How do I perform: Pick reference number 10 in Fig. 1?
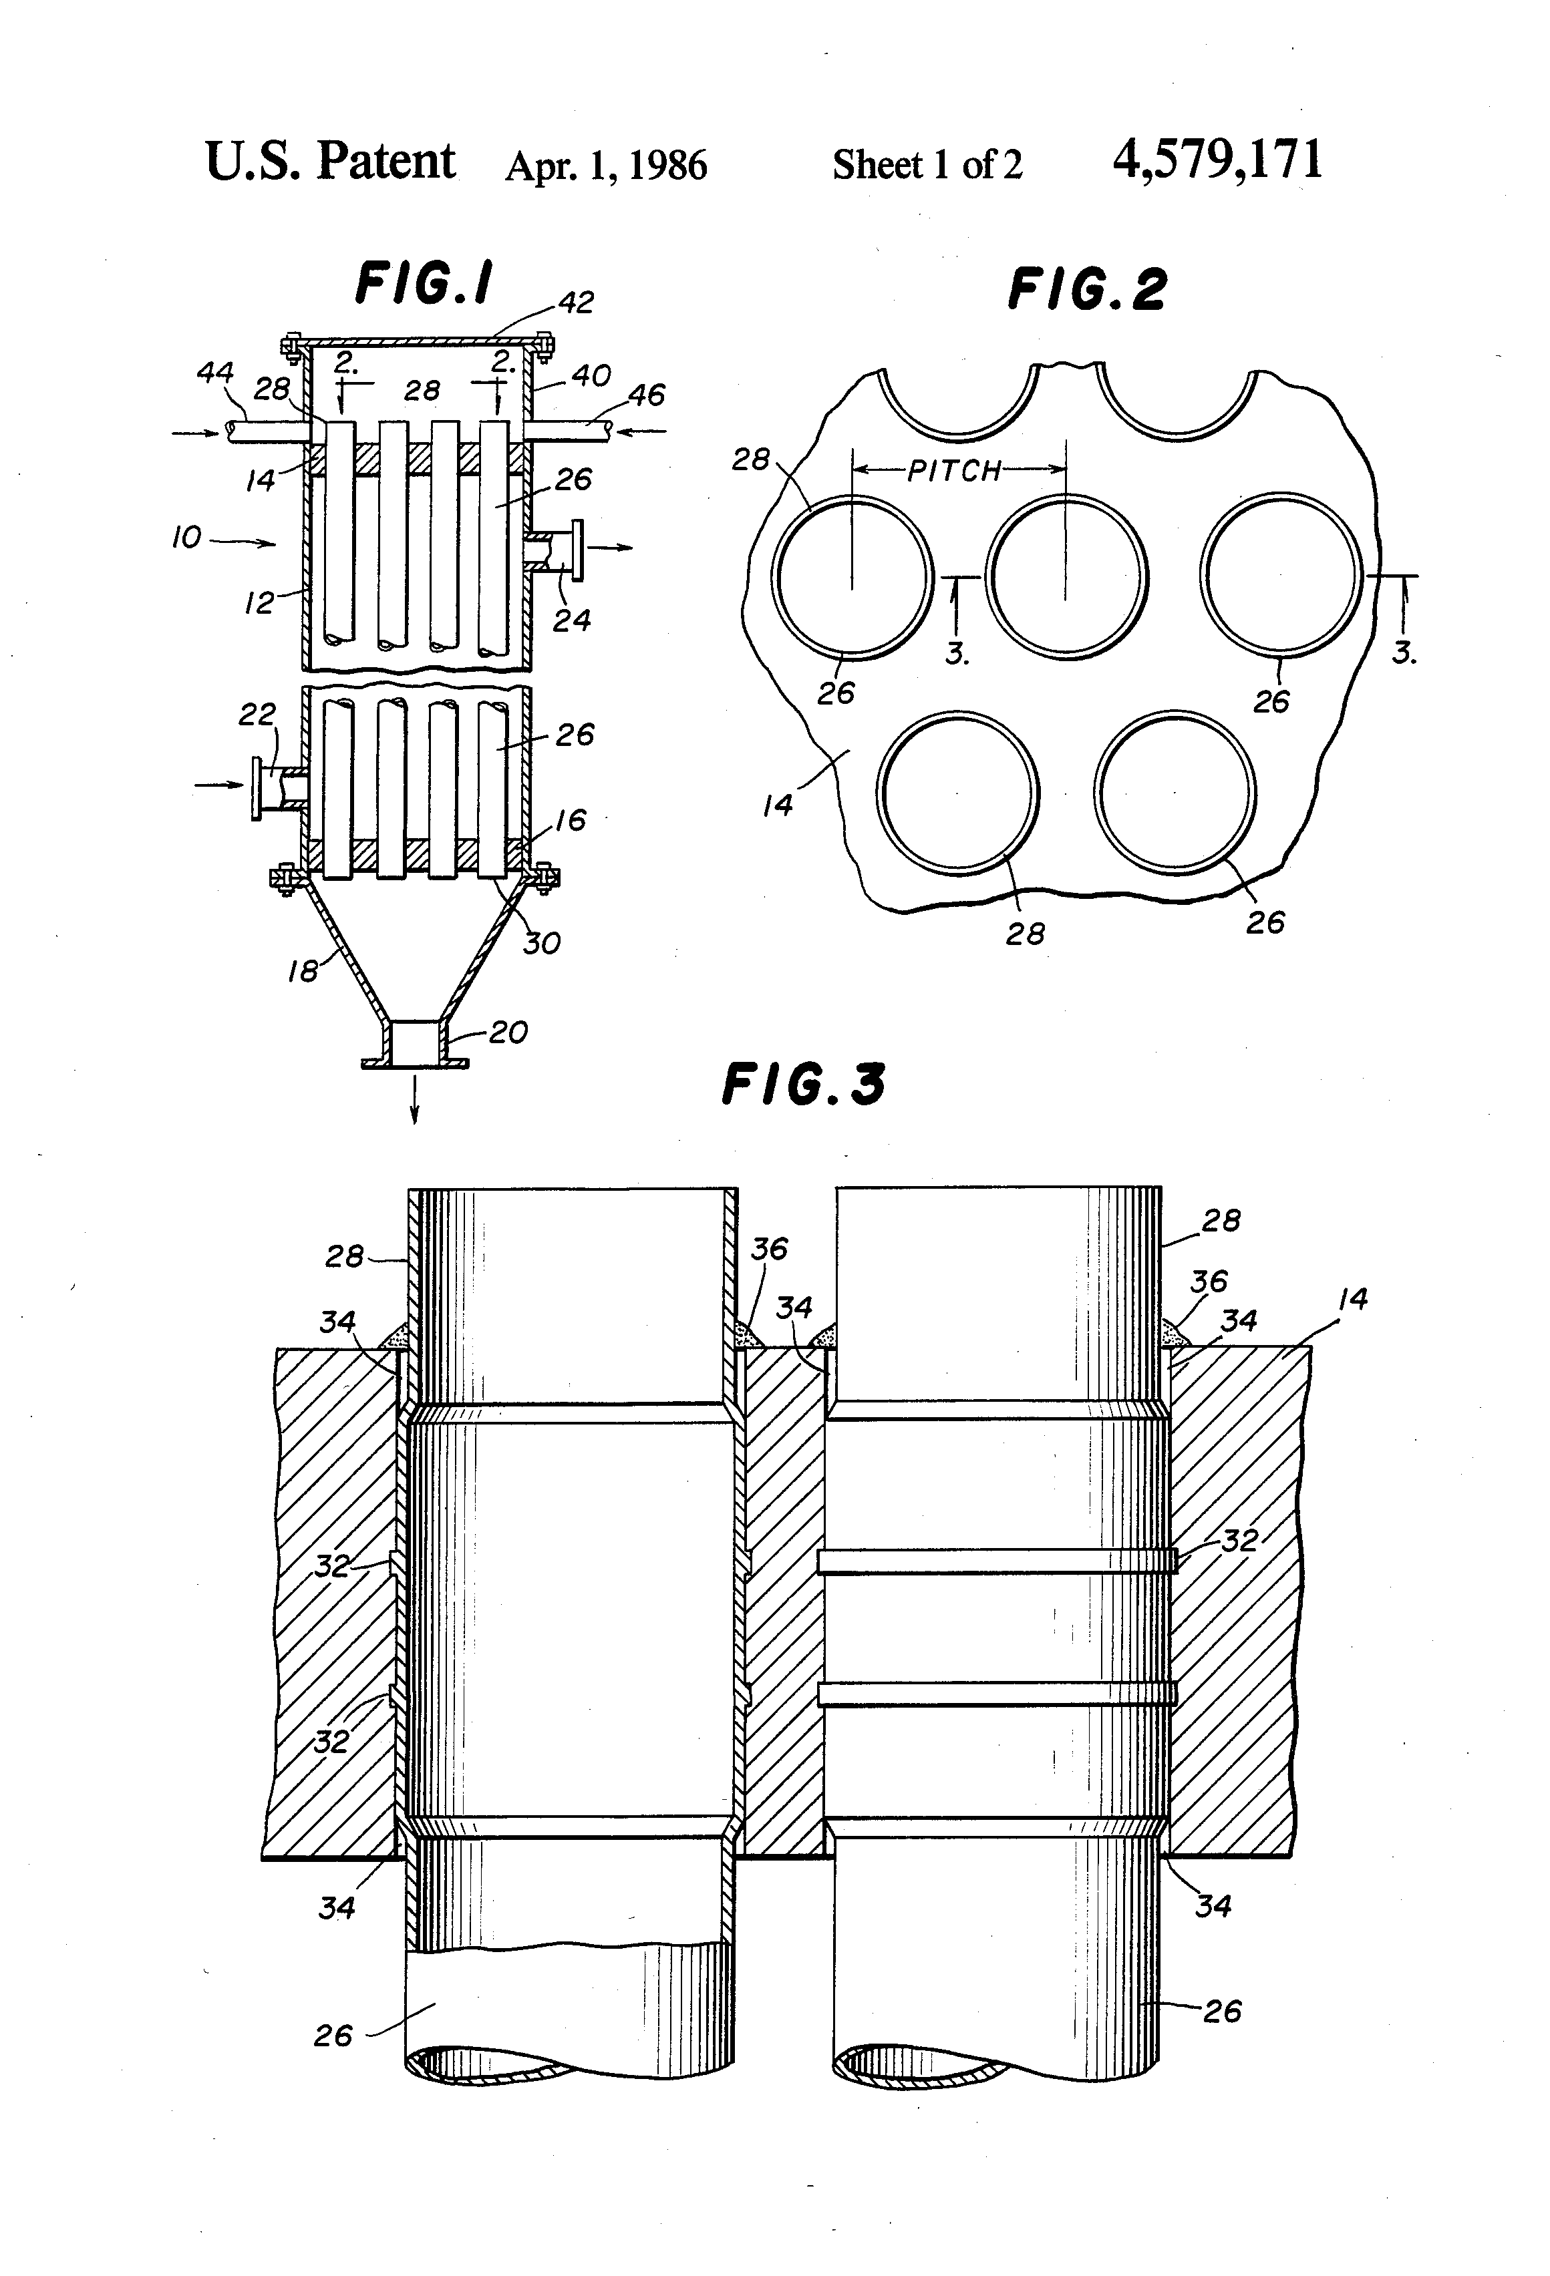point(186,538)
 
